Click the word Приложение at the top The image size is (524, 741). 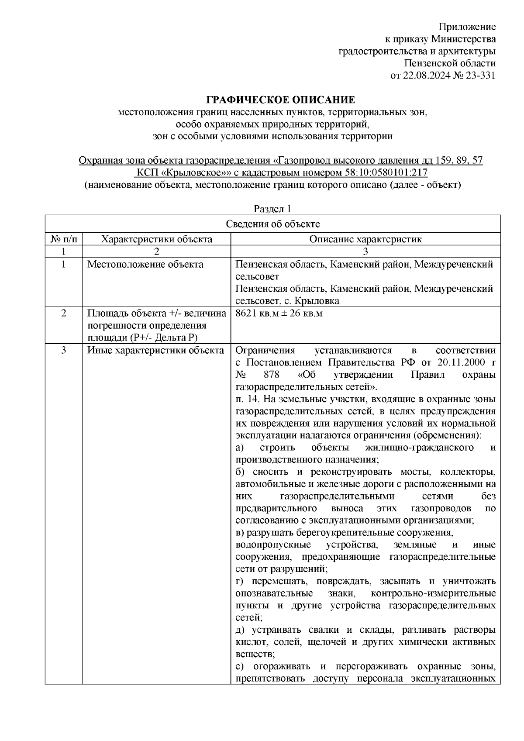pos(467,27)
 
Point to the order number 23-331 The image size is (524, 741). pos(480,76)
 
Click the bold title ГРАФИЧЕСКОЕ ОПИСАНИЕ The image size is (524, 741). pos(281,100)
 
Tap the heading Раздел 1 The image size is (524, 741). pos(272,209)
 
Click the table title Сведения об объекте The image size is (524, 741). pos(272,224)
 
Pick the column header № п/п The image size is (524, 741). pos(64,239)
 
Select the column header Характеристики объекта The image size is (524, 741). pos(156,239)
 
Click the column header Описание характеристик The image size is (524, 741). pos(365,239)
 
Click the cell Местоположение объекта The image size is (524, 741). pos(145,264)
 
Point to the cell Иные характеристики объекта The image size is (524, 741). pos(156,350)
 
